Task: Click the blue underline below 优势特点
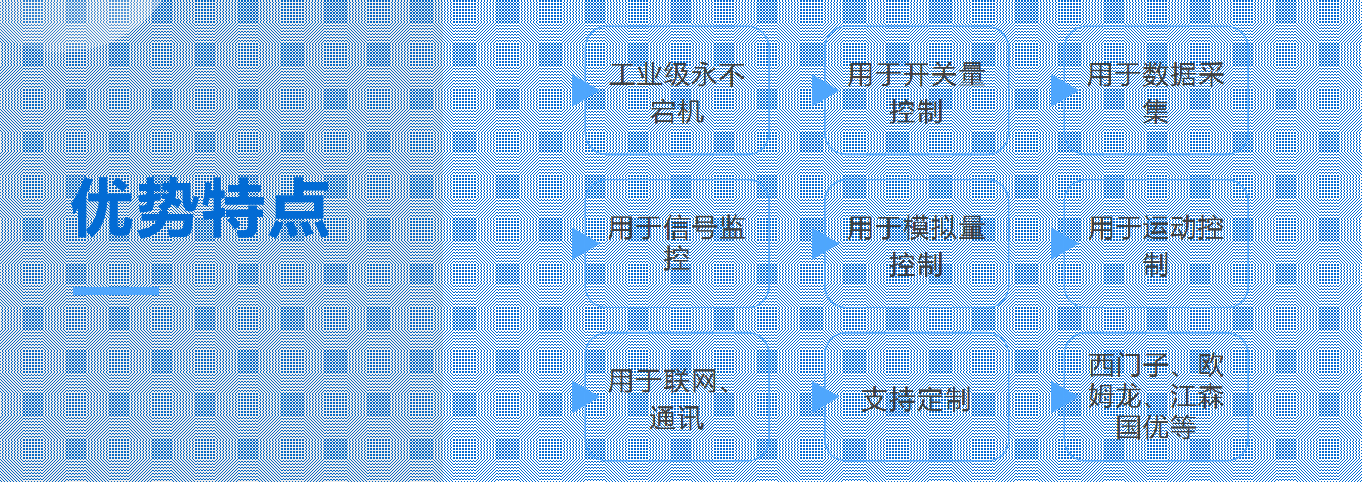click(116, 291)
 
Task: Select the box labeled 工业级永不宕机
click(677, 90)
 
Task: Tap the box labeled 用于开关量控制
click(916, 90)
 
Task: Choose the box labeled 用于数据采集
click(1156, 90)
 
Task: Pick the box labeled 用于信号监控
click(677, 243)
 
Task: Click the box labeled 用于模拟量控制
click(916, 243)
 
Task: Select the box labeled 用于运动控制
click(1156, 243)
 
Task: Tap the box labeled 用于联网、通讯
click(677, 397)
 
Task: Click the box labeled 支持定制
click(916, 397)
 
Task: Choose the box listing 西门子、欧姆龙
click(1156, 397)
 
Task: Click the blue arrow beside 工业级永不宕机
click(584, 90)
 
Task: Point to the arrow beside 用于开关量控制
click(824, 90)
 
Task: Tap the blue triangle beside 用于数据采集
click(1063, 90)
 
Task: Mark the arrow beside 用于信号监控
click(584, 243)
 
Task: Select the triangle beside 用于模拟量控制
click(824, 243)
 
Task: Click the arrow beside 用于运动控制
click(1063, 243)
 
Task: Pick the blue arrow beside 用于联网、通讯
click(584, 397)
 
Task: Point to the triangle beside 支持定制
click(824, 397)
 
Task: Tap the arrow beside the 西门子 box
click(1063, 397)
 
